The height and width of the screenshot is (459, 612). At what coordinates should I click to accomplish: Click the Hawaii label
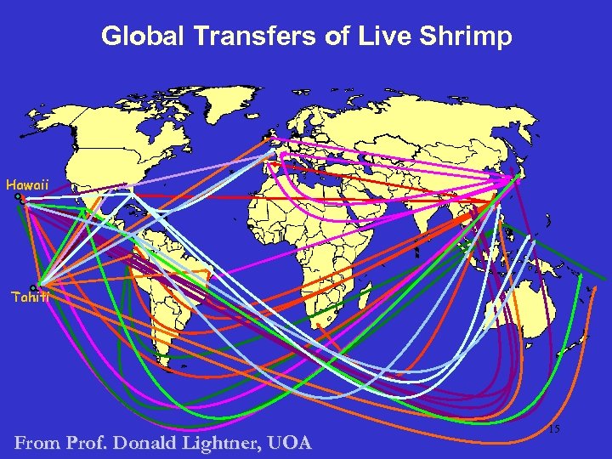coord(27,184)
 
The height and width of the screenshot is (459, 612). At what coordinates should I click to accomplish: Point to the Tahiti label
coord(31,297)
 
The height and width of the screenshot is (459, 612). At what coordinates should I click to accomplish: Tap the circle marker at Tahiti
coord(32,287)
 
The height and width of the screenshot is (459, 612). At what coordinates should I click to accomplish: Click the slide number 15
coord(553,429)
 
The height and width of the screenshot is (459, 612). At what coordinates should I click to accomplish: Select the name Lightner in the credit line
coord(218,442)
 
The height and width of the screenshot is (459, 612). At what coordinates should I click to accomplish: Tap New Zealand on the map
coord(580,340)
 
